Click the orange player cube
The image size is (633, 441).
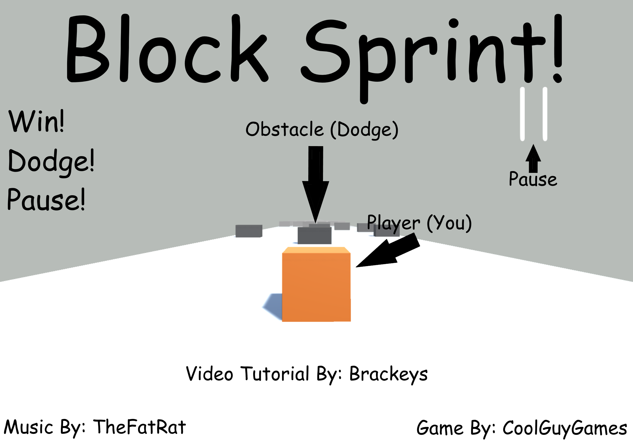(x=316, y=285)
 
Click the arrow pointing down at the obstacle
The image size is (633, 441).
(x=316, y=182)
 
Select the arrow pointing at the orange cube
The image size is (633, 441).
(x=389, y=251)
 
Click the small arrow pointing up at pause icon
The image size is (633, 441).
(x=533, y=159)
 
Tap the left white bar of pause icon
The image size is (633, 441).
(x=522, y=114)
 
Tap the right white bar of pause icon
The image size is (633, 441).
(x=545, y=114)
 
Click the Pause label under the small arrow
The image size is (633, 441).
(x=533, y=179)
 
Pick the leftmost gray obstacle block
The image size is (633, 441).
(x=249, y=231)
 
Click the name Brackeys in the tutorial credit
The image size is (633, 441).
(x=388, y=374)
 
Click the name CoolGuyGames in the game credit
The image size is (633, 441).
(x=565, y=428)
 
